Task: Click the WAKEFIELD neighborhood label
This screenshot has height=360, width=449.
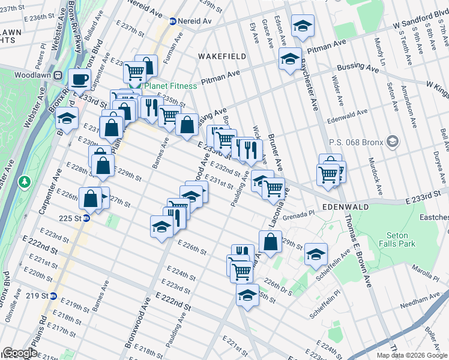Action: [222, 56]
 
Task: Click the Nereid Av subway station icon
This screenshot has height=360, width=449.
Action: [173, 21]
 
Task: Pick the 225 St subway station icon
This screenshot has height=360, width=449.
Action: [86, 218]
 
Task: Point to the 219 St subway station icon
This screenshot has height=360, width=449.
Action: [53, 296]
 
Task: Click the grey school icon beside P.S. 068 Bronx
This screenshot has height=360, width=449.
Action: [393, 142]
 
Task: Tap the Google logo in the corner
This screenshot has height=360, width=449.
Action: [19, 353]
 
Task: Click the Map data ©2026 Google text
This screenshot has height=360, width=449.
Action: [412, 355]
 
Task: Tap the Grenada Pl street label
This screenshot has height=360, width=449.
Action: [297, 213]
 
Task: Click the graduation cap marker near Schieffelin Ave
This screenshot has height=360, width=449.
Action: [315, 254]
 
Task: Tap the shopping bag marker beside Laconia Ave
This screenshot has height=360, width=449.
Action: [270, 241]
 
